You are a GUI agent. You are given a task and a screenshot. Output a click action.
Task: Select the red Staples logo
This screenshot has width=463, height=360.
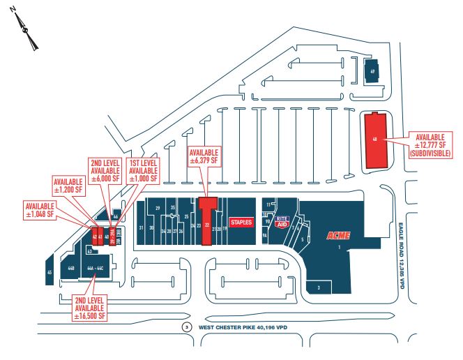pyautogui.click(x=240, y=221)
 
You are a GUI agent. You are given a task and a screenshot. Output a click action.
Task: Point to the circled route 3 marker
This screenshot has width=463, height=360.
pyautogui.click(x=186, y=327)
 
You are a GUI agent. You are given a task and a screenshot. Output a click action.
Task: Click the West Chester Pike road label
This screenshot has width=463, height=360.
pyautogui.click(x=243, y=327)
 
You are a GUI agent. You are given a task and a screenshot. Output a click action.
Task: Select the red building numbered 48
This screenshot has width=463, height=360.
pyautogui.click(x=375, y=139)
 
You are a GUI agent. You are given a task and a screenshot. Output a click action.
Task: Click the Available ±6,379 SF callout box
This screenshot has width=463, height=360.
pyautogui.click(x=204, y=156)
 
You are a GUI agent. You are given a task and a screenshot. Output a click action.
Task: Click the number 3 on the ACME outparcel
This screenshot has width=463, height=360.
pyautogui.click(x=319, y=287)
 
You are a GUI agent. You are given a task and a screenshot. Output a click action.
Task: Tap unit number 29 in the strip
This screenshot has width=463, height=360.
pyautogui.click(x=158, y=209)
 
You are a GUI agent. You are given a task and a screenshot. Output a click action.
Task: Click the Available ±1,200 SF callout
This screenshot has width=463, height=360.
pyautogui.click(x=73, y=188)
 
